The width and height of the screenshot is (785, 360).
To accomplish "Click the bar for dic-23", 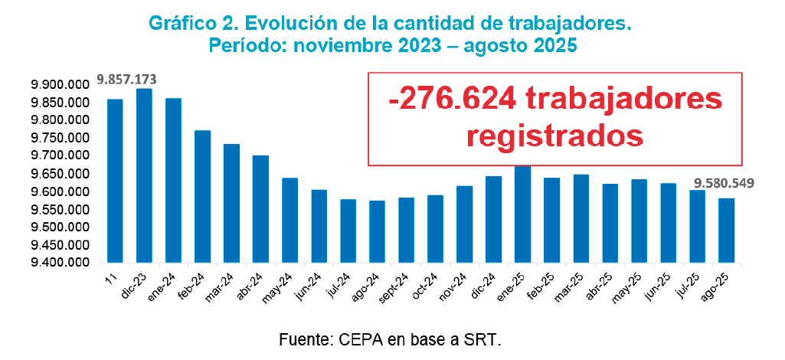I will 144,176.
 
